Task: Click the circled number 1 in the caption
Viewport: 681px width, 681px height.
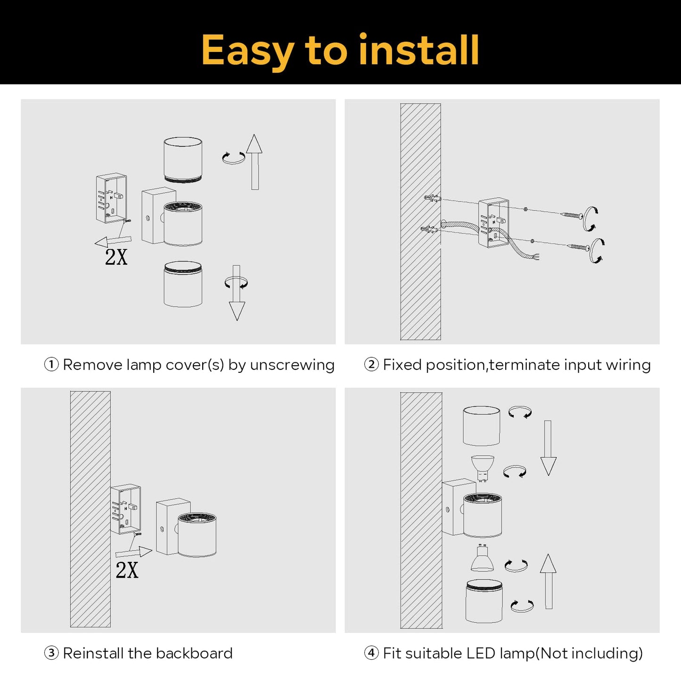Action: tap(51, 364)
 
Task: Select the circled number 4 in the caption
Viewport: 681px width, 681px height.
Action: tap(371, 653)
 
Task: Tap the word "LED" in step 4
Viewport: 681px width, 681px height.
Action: tap(480, 653)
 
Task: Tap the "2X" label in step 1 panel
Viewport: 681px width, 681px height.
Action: tap(116, 257)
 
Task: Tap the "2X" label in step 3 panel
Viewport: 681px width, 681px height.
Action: tap(127, 570)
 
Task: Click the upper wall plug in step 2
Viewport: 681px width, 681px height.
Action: tap(431, 198)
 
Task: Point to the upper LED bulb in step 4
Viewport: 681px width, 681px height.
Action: tap(483, 467)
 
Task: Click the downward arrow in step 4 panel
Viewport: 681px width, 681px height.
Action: tap(548, 448)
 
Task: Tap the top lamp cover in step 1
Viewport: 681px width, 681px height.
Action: tap(183, 159)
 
